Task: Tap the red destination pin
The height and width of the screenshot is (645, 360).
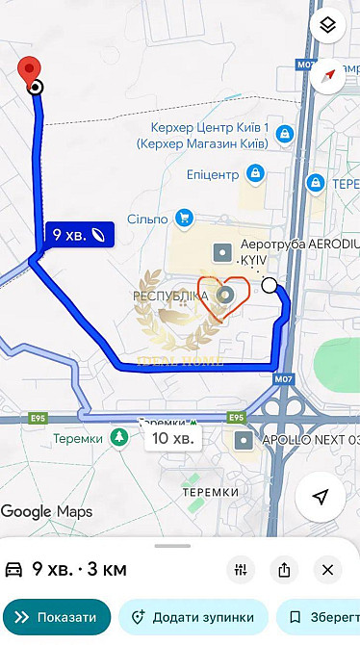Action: coord(30,69)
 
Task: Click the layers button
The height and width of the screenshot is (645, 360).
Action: coord(327,26)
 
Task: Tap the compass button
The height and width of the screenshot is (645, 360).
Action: coord(327,72)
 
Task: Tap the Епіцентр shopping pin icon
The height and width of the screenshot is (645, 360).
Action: coord(255,174)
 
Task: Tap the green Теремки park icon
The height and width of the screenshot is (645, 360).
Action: coord(119,438)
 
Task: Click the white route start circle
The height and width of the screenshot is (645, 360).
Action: coord(270,285)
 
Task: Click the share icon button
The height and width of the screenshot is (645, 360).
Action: coord(284,570)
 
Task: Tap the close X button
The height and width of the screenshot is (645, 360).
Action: coord(327,570)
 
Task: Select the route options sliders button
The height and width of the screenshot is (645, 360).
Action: coord(241,570)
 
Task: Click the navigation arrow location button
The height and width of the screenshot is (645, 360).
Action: coord(321,497)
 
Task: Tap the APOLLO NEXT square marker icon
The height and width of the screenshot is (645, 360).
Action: coord(244,440)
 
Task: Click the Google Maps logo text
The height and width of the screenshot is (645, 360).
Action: coord(46,511)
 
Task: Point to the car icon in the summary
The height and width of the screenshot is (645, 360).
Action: coord(15,570)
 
